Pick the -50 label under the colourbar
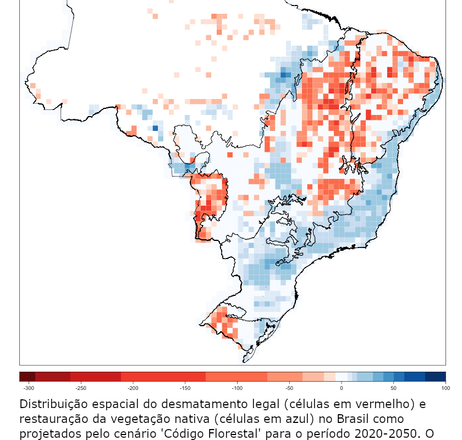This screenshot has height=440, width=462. click(289, 388)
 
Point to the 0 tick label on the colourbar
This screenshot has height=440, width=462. click(342, 388)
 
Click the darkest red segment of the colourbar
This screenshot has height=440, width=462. click(27, 377)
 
